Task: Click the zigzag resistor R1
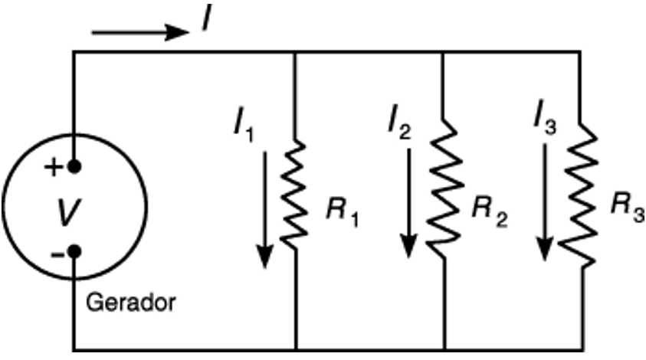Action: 293,195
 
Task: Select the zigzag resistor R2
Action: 444,188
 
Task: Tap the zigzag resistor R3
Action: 581,195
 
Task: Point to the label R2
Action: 490,212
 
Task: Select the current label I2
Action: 399,123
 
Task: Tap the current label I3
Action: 545,116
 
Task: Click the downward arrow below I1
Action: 265,210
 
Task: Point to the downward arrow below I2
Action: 408,203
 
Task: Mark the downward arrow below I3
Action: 545,202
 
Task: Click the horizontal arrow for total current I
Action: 140,32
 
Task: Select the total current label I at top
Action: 207,18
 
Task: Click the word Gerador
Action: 130,303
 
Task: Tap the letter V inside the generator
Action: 68,212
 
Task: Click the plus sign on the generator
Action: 53,168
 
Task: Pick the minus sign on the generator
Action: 57,255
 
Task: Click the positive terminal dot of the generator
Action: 74,166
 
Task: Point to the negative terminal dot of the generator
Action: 74,250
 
